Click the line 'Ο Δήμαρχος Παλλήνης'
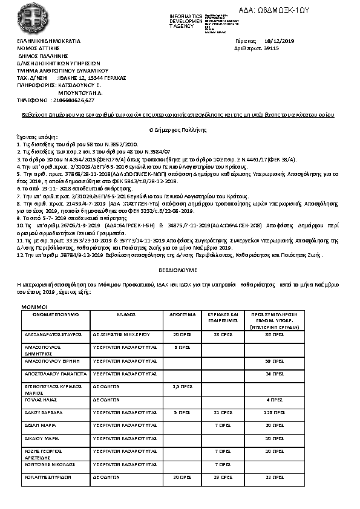tap(180, 130)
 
